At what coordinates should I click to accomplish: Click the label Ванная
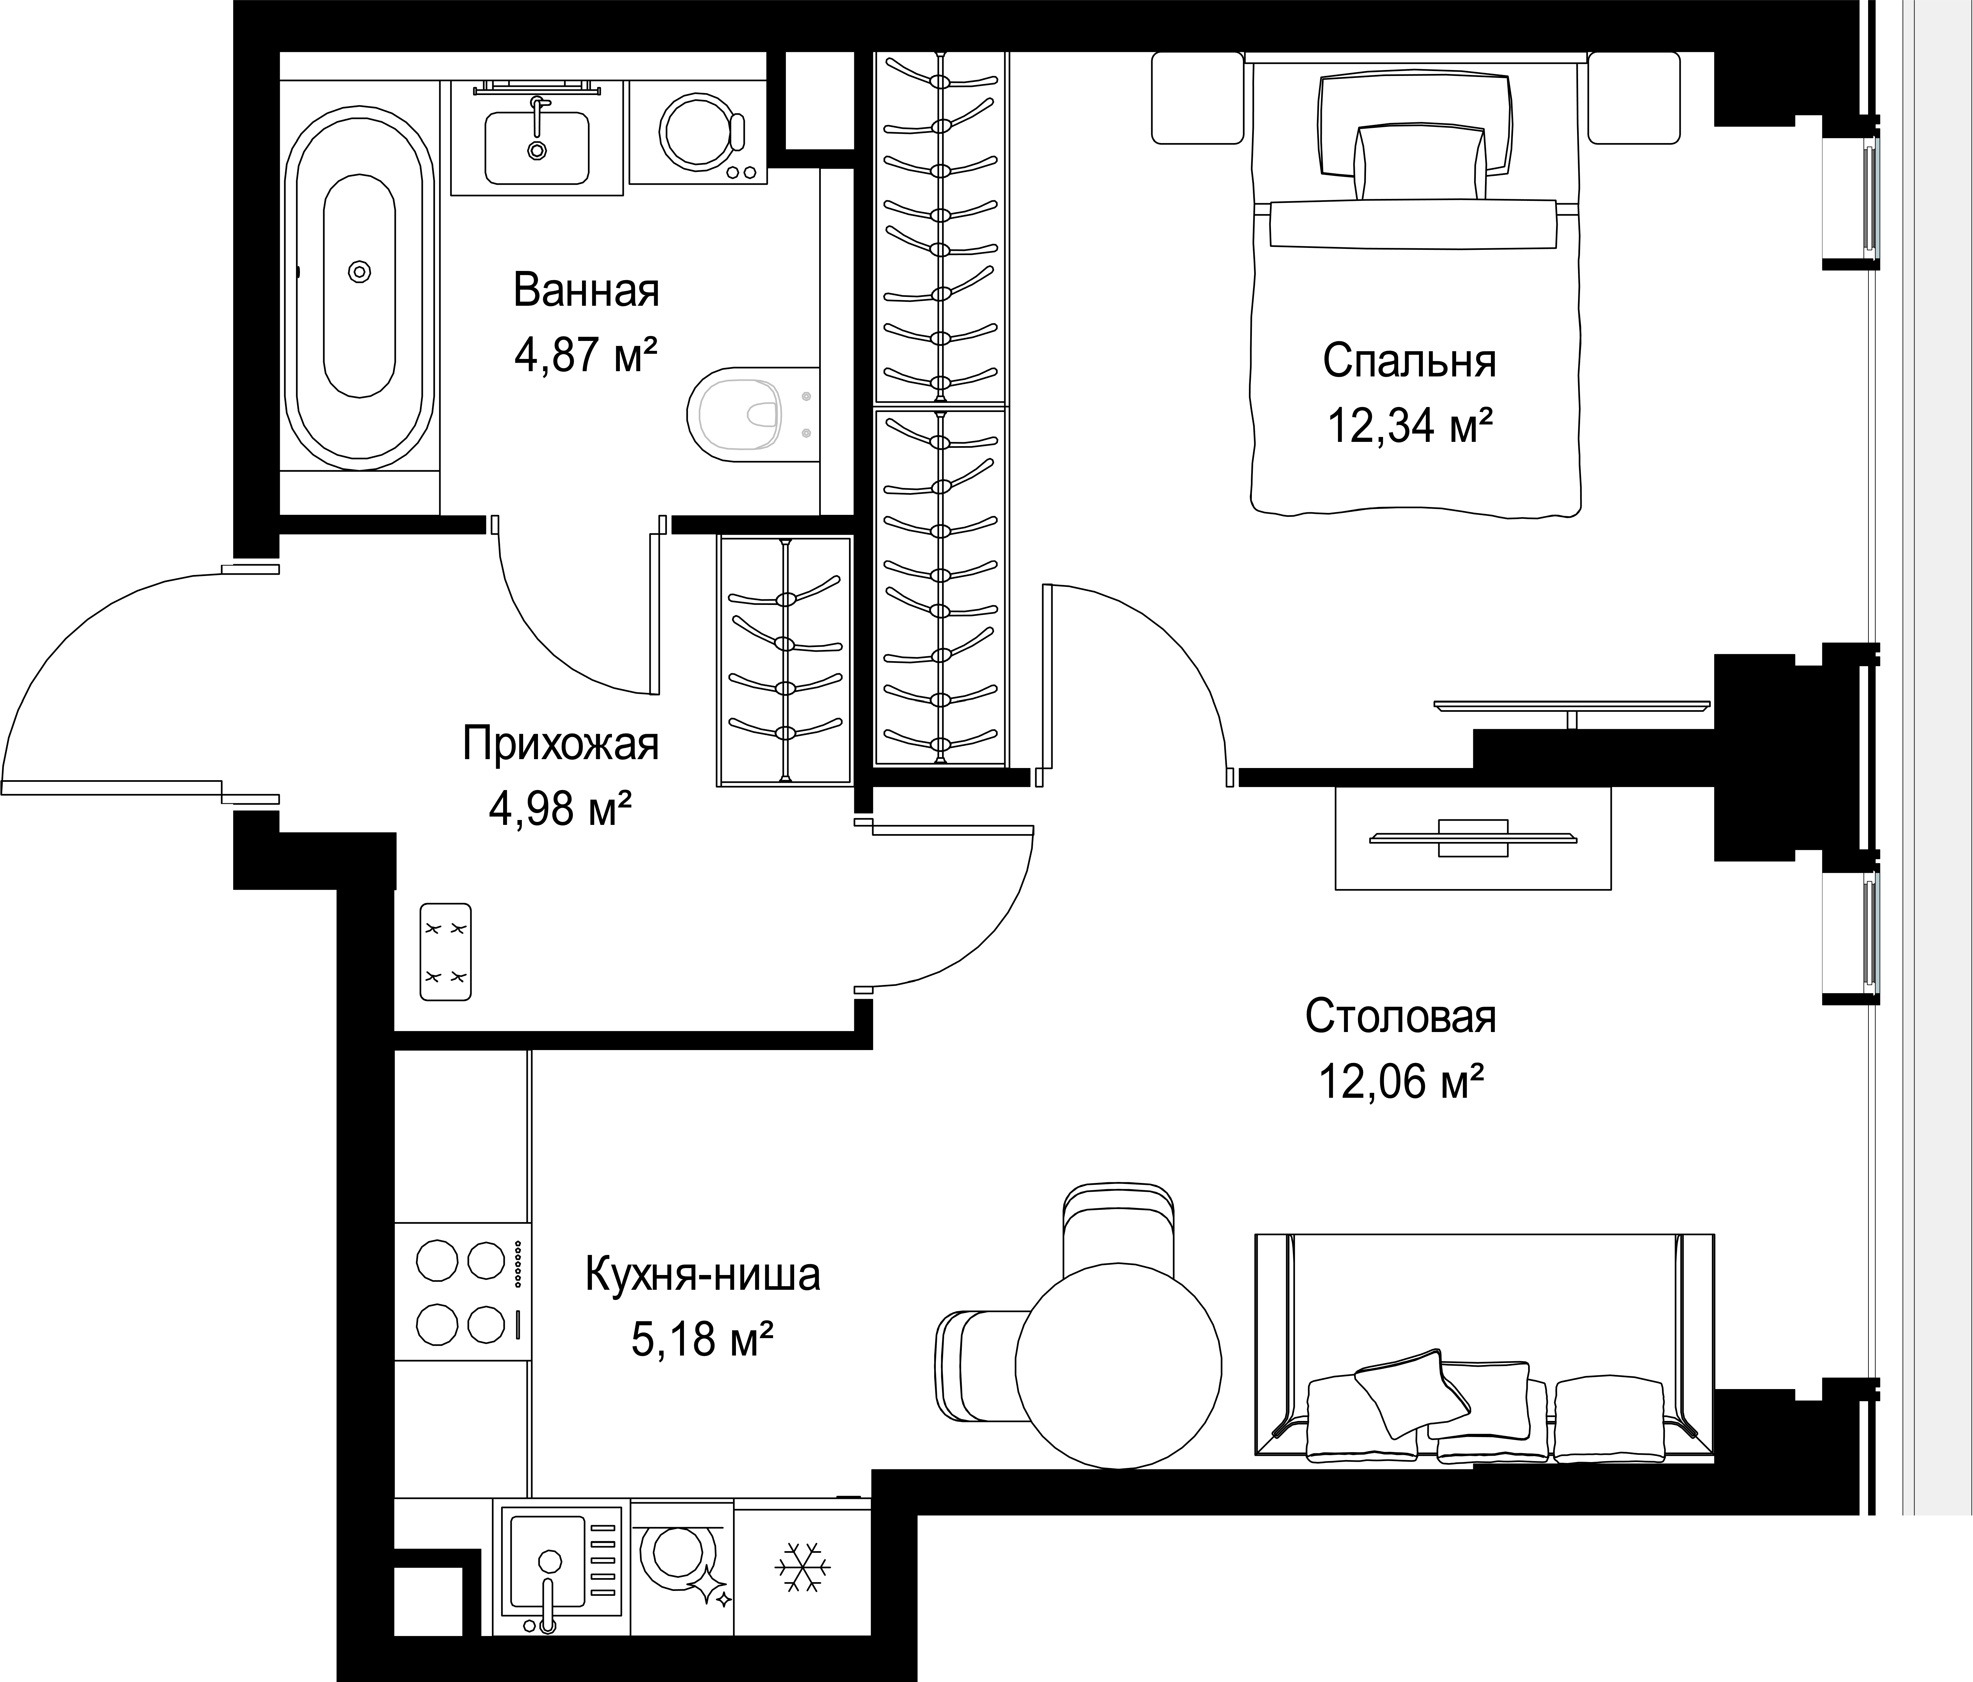[586, 290]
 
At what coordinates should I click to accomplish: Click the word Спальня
[1409, 362]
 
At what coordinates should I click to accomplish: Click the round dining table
[1118, 1366]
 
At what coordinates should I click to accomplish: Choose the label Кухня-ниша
[703, 1276]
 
